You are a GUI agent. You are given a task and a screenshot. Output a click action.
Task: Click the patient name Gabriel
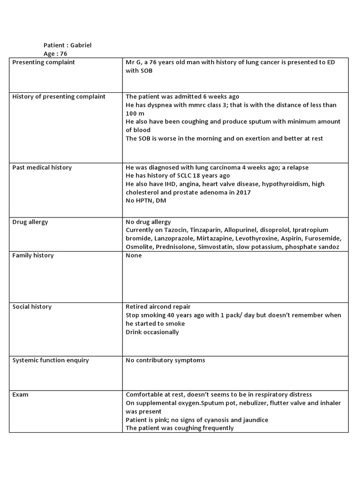(x=82, y=45)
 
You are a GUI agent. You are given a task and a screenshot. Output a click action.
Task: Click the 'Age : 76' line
(x=55, y=54)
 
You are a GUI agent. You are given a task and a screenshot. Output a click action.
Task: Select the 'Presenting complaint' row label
(x=43, y=62)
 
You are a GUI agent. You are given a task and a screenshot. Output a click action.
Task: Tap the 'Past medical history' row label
(x=42, y=167)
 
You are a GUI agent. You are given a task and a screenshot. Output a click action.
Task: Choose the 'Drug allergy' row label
(x=30, y=222)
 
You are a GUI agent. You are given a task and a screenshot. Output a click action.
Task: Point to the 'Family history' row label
(x=33, y=255)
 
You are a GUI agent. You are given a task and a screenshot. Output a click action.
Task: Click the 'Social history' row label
(x=31, y=307)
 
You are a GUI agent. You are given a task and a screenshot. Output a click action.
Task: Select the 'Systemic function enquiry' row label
(x=50, y=360)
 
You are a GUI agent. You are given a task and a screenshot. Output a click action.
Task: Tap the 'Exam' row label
(x=20, y=395)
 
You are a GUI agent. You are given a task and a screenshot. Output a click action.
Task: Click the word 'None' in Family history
(x=134, y=255)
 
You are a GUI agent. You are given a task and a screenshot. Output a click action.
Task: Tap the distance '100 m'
(x=135, y=113)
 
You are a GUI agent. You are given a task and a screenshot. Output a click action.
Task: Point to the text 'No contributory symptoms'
(x=165, y=360)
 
